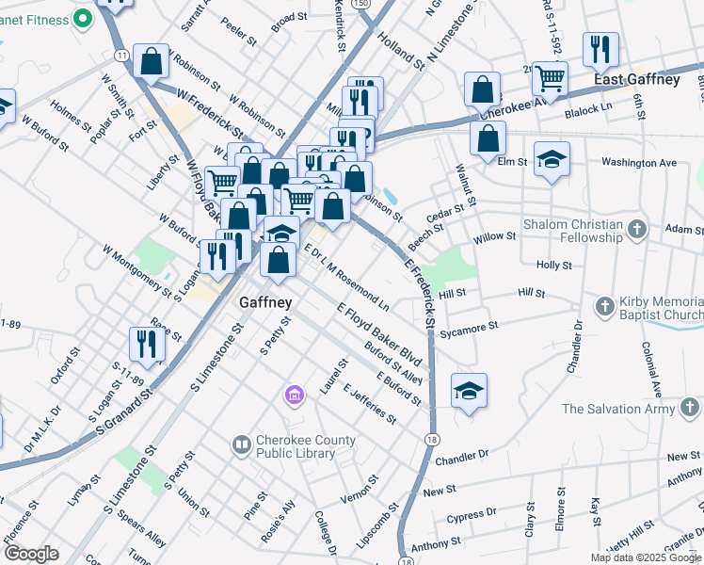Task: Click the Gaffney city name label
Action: click(x=265, y=303)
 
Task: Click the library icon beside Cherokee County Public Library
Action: click(x=242, y=443)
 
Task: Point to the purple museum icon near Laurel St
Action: click(x=295, y=395)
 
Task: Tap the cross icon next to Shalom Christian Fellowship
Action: click(x=638, y=229)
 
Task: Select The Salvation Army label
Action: click(x=618, y=409)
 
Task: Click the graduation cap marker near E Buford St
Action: click(x=469, y=389)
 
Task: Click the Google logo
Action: click(x=31, y=554)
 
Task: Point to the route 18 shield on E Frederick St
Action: click(x=432, y=440)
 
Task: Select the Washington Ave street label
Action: click(x=639, y=163)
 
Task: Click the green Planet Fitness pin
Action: click(x=83, y=16)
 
